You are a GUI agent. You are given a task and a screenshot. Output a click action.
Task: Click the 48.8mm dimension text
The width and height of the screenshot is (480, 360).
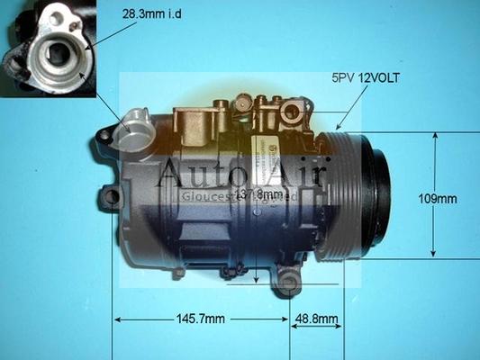pyautogui.click(x=317, y=319)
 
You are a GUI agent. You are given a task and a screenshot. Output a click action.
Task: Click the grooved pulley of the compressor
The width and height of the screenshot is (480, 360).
pyautogui.click(x=338, y=193)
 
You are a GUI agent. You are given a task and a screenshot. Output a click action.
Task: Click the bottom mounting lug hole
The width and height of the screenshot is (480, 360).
pyautogui.click(x=288, y=286)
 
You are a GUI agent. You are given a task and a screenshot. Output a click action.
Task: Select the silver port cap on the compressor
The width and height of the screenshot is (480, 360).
pyautogui.click(x=136, y=125)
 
